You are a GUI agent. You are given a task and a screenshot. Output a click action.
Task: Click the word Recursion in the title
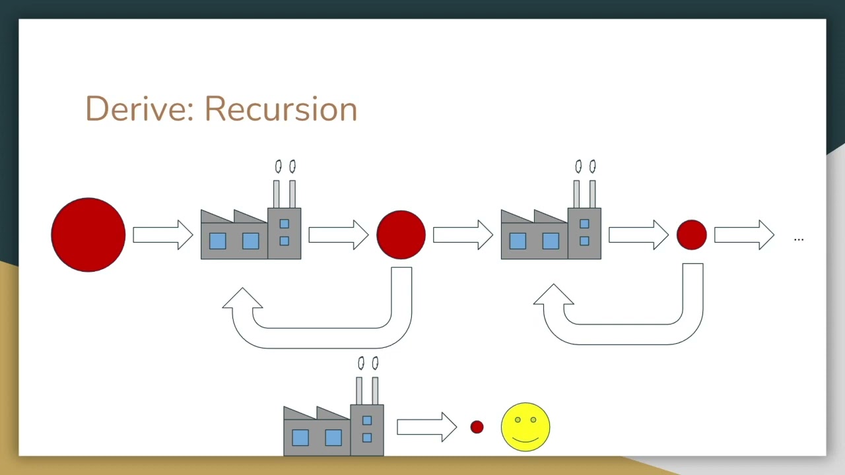[x=281, y=109]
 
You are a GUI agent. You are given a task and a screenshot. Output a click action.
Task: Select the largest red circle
[x=88, y=235]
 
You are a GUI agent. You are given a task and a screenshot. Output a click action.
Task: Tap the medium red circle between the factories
[x=401, y=235]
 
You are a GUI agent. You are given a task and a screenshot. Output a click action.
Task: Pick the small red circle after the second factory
[x=691, y=235]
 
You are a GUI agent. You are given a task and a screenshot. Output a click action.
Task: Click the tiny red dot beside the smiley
[x=477, y=427]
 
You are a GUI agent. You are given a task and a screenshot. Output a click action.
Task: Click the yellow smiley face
[x=525, y=427]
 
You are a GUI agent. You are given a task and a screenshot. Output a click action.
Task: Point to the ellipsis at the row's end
[x=799, y=239]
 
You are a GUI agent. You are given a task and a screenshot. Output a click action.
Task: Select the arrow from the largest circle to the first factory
[x=163, y=235]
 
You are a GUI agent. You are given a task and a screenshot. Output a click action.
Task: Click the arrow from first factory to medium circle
[x=339, y=235]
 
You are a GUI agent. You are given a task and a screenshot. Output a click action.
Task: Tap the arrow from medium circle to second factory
[x=463, y=235]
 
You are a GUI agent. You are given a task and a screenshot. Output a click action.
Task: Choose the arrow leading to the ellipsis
[x=744, y=235]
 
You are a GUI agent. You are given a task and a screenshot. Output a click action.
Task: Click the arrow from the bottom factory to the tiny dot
[x=426, y=427]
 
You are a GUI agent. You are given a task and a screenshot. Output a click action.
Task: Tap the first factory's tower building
[x=285, y=234]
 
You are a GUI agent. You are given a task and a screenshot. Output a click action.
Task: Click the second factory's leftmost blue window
[x=518, y=241]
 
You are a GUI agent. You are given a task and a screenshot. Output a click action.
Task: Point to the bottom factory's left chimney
[x=359, y=391]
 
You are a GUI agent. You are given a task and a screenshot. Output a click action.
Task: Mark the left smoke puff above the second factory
[x=578, y=166]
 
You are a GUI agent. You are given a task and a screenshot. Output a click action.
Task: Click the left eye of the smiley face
[x=518, y=420]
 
